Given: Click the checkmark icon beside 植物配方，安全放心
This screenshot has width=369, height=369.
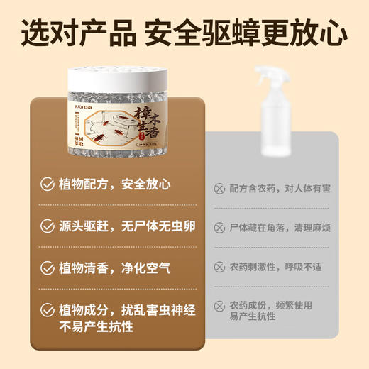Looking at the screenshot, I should click(48, 185).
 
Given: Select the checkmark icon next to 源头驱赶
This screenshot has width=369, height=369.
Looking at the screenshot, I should click(48, 227).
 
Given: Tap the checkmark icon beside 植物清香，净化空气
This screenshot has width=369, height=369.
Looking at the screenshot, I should click(48, 269).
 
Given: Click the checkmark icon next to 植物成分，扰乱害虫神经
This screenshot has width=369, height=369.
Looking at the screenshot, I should click(48, 310).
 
